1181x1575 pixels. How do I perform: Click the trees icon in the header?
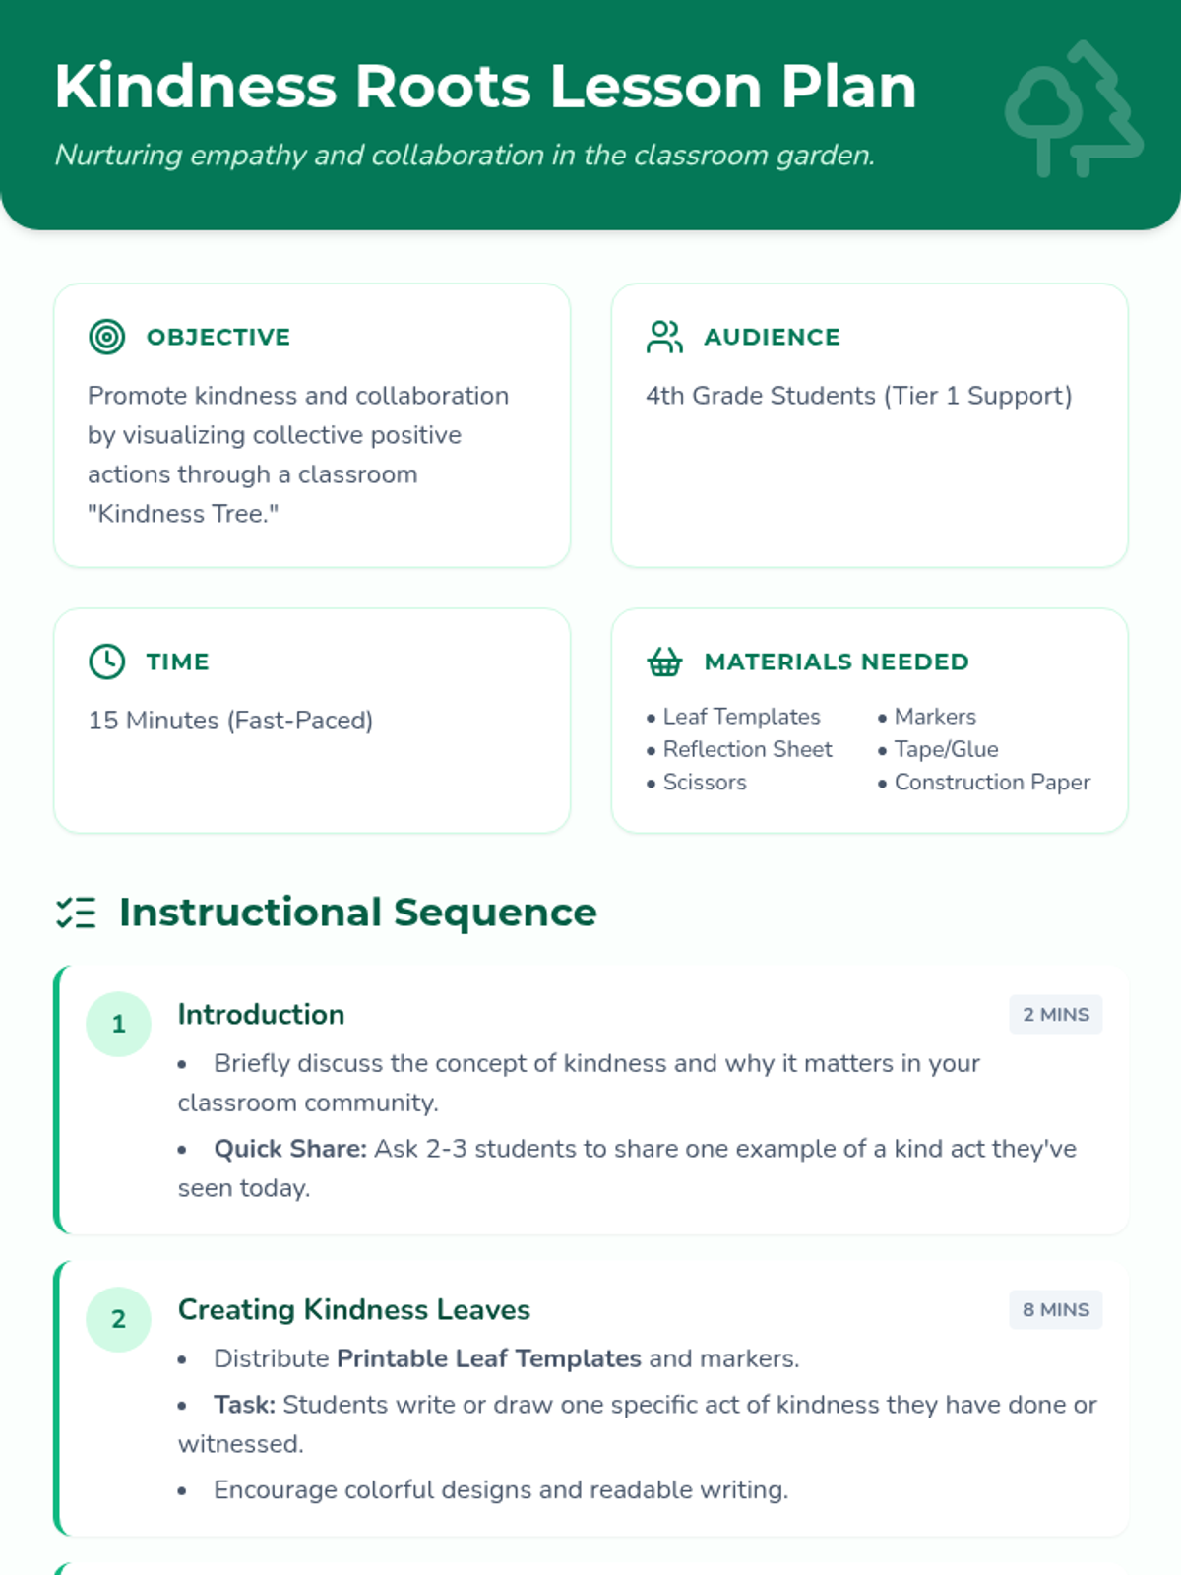(x=1074, y=109)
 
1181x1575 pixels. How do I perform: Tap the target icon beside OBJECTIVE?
(x=107, y=337)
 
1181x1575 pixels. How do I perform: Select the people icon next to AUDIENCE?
(x=664, y=337)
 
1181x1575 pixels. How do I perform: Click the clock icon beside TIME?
(x=107, y=661)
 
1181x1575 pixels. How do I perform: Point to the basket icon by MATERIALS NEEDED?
(x=664, y=661)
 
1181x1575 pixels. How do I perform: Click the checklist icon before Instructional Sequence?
(x=76, y=913)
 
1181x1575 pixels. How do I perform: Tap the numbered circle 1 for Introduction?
(x=118, y=1024)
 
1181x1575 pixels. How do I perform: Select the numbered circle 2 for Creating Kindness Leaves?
(x=118, y=1319)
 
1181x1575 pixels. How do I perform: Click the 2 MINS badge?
(x=1055, y=1015)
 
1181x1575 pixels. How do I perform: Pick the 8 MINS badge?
(x=1055, y=1310)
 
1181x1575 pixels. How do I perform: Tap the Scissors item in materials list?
(x=705, y=783)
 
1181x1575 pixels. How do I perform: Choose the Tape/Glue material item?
(x=946, y=750)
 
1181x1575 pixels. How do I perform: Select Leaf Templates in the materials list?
(x=741, y=717)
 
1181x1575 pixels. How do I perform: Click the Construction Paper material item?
(x=992, y=783)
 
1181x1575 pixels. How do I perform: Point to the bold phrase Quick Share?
(x=290, y=1149)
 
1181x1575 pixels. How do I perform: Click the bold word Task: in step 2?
(x=244, y=1405)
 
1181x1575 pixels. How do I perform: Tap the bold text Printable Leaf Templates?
(x=489, y=1358)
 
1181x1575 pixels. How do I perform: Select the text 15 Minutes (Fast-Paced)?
(x=230, y=721)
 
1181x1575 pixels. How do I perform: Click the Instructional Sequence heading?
(x=358, y=913)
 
